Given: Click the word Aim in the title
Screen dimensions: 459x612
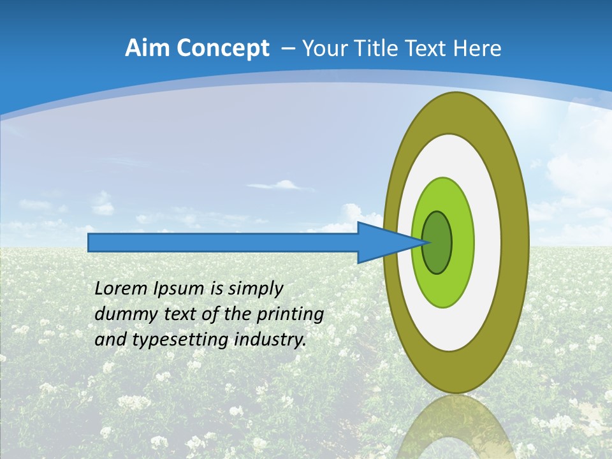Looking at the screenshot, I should (147, 48).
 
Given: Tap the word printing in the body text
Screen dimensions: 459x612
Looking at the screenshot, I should (289, 314).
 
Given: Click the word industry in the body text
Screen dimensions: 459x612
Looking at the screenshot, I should (270, 340).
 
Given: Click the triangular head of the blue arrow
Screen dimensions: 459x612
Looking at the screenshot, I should (382, 243).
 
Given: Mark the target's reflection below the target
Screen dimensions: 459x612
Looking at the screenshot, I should (455, 427).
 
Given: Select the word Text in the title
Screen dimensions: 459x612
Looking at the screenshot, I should (428, 48).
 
